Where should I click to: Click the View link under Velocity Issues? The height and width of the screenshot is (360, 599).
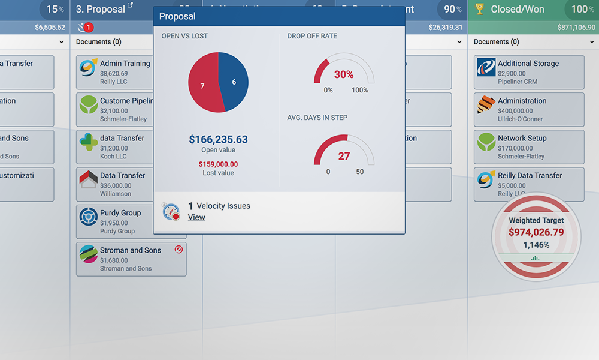pyautogui.click(x=196, y=217)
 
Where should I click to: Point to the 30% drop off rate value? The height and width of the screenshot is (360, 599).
pyautogui.click(x=344, y=74)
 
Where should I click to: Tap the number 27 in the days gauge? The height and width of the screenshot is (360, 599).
pyautogui.click(x=344, y=156)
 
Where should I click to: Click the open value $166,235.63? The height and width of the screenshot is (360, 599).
pyautogui.click(x=218, y=139)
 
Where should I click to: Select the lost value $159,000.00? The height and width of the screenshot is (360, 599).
pyautogui.click(x=218, y=164)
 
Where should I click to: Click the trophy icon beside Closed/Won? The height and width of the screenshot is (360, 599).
pyautogui.click(x=479, y=9)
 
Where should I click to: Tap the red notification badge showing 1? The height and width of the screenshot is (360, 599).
pyautogui.click(x=89, y=27)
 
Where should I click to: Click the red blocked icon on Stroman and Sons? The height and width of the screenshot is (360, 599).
pyautogui.click(x=179, y=249)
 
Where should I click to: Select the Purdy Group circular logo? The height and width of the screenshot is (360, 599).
pyautogui.click(x=89, y=217)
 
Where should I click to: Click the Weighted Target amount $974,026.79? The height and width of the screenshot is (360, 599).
pyautogui.click(x=536, y=232)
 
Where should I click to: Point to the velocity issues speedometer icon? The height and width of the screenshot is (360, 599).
pyautogui.click(x=171, y=211)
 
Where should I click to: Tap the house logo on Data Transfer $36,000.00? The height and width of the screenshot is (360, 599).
pyautogui.click(x=89, y=179)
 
